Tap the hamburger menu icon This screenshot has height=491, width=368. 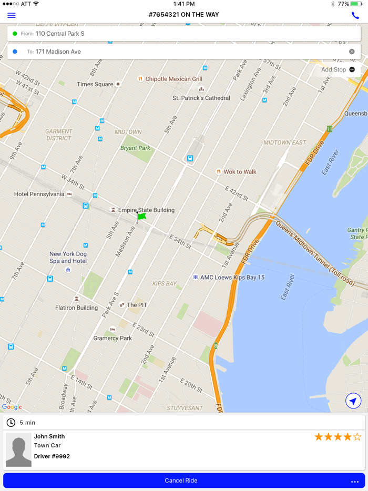[x=12, y=15]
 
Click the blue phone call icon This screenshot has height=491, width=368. [x=355, y=15]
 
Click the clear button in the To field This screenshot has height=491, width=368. [x=352, y=52]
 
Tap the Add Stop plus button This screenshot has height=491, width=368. [x=352, y=69]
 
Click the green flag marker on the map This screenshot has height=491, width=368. [x=141, y=216]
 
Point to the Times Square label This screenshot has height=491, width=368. [x=95, y=84]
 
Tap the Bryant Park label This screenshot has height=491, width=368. [x=135, y=148]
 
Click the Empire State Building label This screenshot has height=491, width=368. [x=146, y=210]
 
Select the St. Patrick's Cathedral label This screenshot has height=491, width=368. [x=201, y=98]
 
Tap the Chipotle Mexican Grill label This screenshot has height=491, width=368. [x=173, y=79]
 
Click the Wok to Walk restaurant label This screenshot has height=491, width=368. [x=240, y=172]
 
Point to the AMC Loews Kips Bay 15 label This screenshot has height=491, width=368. [x=232, y=277]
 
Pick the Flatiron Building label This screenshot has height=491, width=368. [x=77, y=308]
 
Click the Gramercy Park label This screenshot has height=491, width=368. [x=113, y=338]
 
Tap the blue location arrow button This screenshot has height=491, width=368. [x=353, y=401]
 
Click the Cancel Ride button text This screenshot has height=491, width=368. [x=181, y=480]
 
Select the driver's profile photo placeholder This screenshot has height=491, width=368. [x=18, y=449]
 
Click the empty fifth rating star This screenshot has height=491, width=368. [x=357, y=437]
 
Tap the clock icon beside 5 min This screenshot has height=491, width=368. [x=11, y=423]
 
